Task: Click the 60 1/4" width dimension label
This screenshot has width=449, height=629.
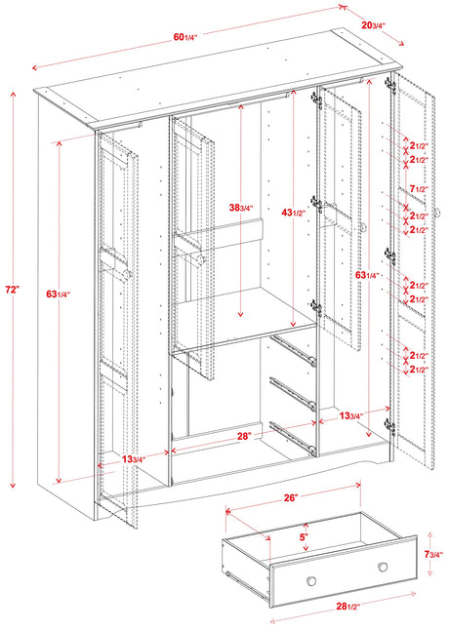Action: pos(185,37)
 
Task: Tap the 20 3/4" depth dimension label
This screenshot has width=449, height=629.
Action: pos(373,25)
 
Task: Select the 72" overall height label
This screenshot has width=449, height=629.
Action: pos(13,290)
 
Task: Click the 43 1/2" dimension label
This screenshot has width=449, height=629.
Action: pos(293,214)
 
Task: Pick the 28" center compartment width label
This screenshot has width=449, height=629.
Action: pos(244,436)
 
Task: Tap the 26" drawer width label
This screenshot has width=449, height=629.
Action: pos(291,497)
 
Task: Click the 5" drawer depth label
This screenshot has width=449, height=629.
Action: pos(304,536)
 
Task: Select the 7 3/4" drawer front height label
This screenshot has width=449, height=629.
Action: pos(433,554)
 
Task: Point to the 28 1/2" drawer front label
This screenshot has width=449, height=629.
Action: pos(348,607)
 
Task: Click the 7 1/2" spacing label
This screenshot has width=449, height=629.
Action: pos(420,188)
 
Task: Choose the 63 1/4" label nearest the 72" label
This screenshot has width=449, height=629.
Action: pos(59,295)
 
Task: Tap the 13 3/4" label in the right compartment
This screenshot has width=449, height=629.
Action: pos(351,416)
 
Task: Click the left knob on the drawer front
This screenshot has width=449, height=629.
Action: pos(311,581)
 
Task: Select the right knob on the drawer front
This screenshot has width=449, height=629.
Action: pos(383,567)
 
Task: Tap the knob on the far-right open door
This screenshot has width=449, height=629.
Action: pos(437,212)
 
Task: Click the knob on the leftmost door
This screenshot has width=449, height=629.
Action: pos(128,274)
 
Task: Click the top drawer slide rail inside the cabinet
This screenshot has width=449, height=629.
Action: pos(293,350)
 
